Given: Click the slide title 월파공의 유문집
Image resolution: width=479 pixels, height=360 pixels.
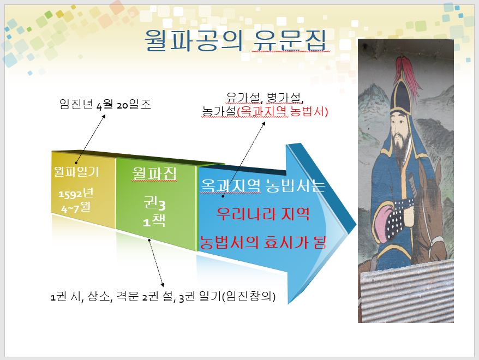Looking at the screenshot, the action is click(x=235, y=40).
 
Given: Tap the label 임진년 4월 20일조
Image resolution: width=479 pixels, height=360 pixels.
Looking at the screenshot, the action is click(x=105, y=104).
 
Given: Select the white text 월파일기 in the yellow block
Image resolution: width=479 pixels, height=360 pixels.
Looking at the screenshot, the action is click(x=76, y=172).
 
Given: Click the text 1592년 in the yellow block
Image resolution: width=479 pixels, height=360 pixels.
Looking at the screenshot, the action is click(x=76, y=193).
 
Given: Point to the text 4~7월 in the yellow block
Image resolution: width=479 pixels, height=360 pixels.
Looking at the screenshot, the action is click(x=76, y=208).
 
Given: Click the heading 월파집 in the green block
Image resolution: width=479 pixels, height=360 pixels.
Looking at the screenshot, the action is click(x=154, y=173).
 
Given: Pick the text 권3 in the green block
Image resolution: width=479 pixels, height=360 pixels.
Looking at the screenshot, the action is click(x=154, y=203).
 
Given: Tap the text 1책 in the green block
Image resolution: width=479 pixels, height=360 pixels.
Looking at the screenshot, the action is click(x=154, y=220).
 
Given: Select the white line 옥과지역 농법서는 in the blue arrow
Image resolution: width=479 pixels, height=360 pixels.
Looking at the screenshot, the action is click(x=263, y=185).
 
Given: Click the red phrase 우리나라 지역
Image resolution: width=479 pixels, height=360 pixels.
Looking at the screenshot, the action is click(x=263, y=214).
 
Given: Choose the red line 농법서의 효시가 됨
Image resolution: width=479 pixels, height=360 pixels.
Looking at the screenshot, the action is click(x=263, y=243).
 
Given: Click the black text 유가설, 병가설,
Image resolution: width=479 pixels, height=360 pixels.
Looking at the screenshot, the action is click(x=265, y=98).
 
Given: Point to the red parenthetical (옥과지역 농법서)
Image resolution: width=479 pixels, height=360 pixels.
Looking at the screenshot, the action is click(x=283, y=111).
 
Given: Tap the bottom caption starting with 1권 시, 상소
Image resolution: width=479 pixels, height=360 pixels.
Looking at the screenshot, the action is click(x=163, y=297).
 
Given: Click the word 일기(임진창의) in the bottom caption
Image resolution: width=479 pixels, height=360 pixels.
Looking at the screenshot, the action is click(x=237, y=297).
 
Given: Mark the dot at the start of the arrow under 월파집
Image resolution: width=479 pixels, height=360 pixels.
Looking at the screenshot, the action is click(x=149, y=240).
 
